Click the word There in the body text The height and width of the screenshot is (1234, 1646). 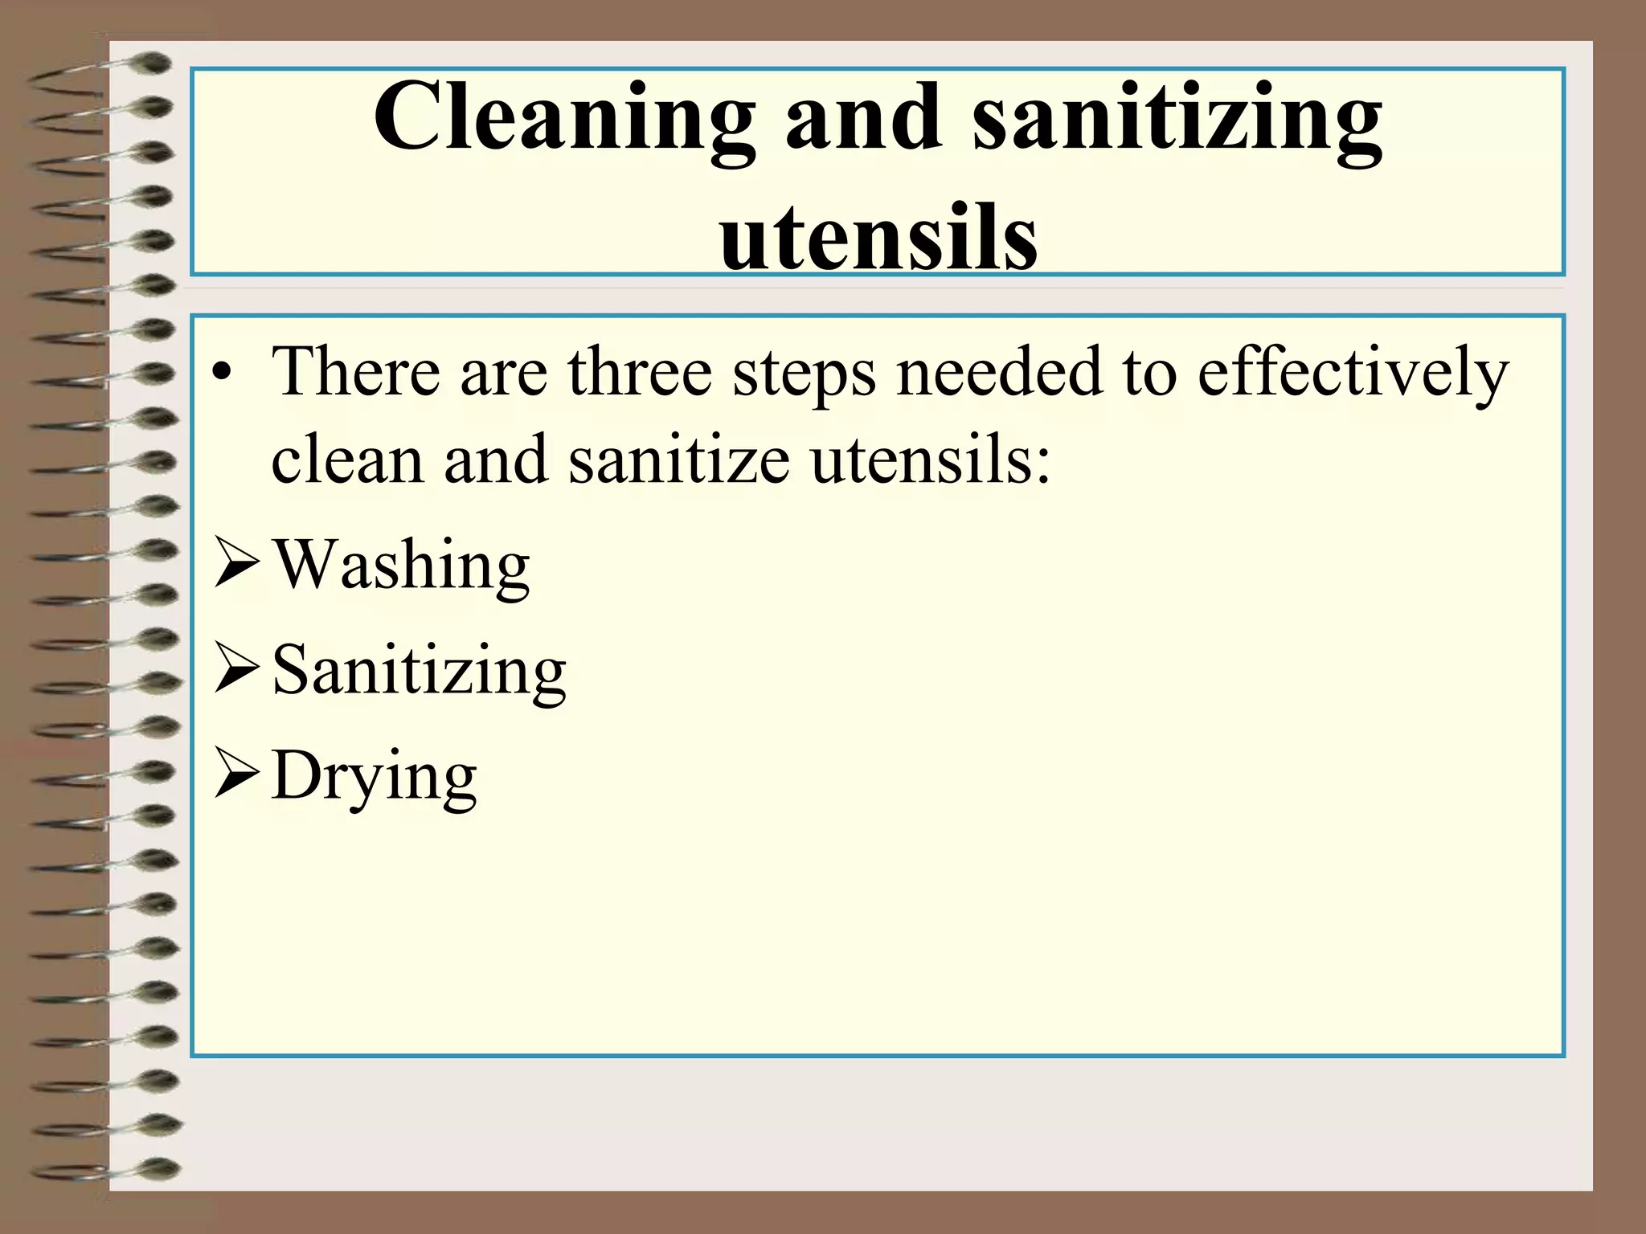click(356, 371)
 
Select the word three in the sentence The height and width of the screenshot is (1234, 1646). click(640, 371)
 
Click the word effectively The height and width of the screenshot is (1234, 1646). click(1353, 373)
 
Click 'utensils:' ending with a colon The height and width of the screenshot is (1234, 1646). click(930, 460)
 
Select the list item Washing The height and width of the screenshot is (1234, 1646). click(402, 566)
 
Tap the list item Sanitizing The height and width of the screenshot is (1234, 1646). click(420, 672)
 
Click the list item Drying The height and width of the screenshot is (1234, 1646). click(375, 776)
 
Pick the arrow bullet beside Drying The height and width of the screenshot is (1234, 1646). click(236, 776)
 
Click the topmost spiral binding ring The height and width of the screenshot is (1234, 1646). click(149, 63)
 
